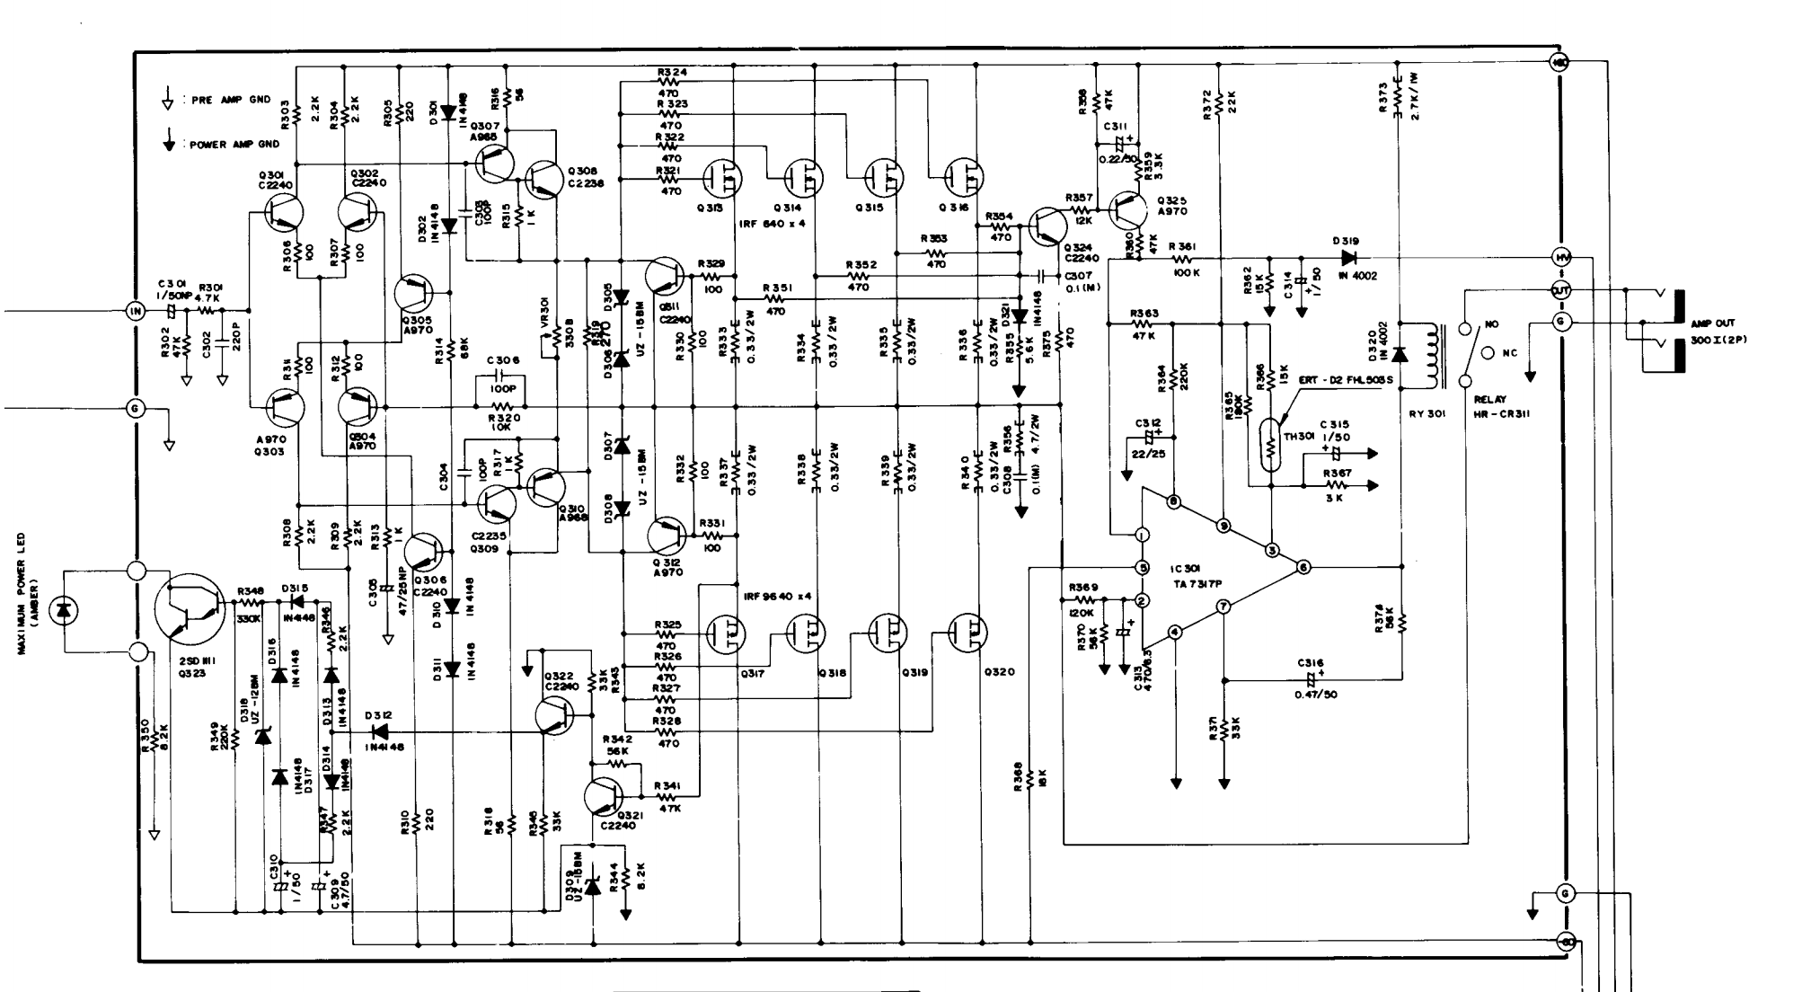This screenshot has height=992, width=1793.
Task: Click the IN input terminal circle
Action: pyautogui.click(x=136, y=311)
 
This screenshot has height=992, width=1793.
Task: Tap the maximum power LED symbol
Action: pyautogui.click(x=63, y=611)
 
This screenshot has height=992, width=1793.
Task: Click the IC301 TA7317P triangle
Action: pyautogui.click(x=1213, y=568)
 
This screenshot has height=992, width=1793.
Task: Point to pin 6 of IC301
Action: pyautogui.click(x=1303, y=567)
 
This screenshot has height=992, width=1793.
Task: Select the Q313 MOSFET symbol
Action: pyautogui.click(x=720, y=178)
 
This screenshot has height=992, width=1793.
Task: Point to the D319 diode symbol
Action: pyautogui.click(x=1347, y=257)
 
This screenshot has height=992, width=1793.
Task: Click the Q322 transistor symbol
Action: pyautogui.click(x=554, y=714)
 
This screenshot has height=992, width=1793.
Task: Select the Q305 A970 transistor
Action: pyautogui.click(x=415, y=294)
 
